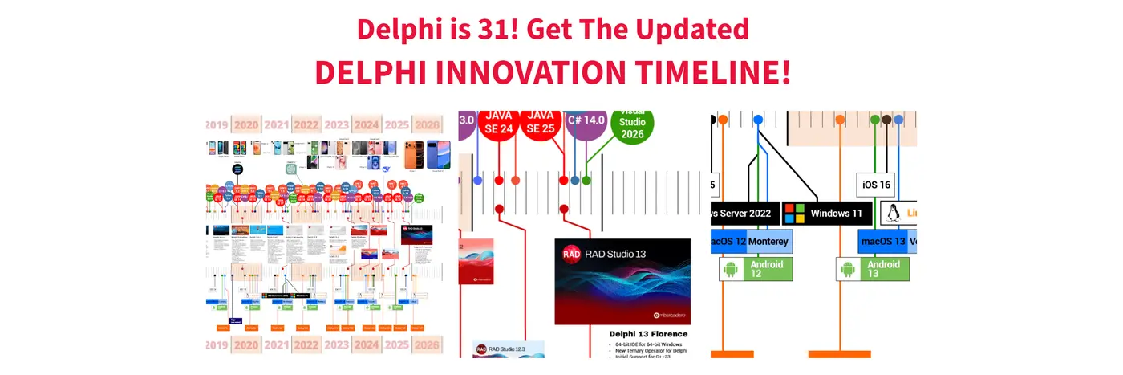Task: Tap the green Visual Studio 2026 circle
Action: [x=632, y=124]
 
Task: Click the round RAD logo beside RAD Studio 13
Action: [x=571, y=254]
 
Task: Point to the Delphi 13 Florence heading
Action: [x=649, y=333]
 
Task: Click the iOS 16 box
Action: [x=877, y=185]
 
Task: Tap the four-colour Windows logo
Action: [x=794, y=214]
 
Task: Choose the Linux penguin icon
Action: [x=892, y=214]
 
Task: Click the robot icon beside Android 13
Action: [x=849, y=269]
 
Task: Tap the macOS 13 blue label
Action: [x=882, y=241]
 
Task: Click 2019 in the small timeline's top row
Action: [x=217, y=124]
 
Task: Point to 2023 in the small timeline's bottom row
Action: [x=337, y=346]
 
